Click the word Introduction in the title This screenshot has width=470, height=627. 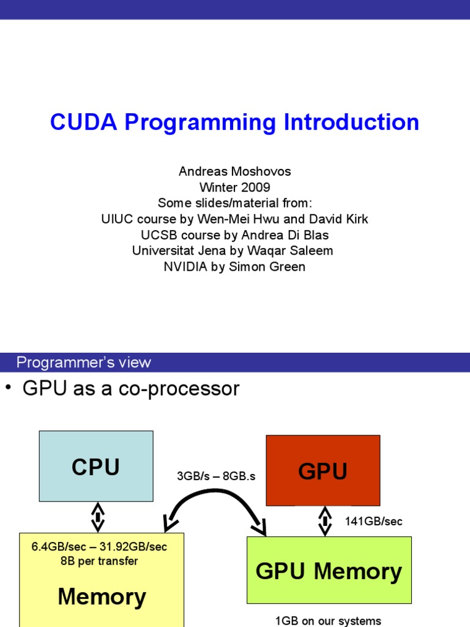click(x=351, y=122)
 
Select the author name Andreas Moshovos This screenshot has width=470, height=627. click(x=234, y=171)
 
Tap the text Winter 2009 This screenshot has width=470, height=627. click(x=234, y=187)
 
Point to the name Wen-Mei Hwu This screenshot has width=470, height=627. click(x=226, y=219)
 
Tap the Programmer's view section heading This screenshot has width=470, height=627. click(x=84, y=362)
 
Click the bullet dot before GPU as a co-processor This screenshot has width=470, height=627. click(x=8, y=388)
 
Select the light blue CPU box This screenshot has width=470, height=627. click(x=96, y=466)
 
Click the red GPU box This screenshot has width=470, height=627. click(x=323, y=470)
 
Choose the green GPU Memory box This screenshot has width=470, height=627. click(x=329, y=571)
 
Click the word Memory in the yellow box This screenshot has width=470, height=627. click(x=102, y=597)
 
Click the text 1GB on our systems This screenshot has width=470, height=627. click(x=328, y=621)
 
